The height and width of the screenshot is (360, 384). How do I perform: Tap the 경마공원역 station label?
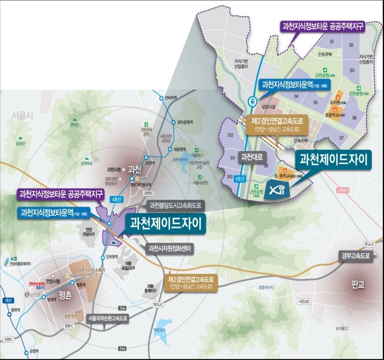(184, 122)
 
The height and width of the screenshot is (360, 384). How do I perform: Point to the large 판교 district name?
(358, 286)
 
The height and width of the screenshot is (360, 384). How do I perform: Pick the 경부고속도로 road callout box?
(356, 256)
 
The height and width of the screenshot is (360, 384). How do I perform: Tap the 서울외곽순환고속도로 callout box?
(108, 318)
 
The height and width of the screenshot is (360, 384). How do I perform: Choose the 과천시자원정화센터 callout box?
(170, 249)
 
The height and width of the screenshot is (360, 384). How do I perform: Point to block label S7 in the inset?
(341, 137)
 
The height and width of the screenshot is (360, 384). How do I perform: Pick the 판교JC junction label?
(369, 244)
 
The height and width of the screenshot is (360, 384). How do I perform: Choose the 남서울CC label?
(342, 328)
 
